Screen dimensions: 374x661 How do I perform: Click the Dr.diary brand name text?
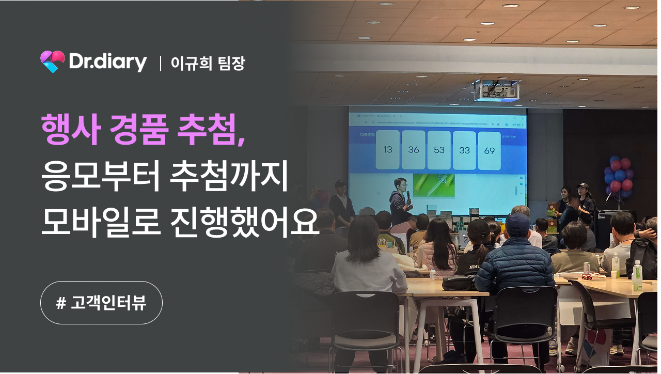[108, 63]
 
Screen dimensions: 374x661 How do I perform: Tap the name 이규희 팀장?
[208, 63]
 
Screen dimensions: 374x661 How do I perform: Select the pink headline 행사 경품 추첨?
[143, 129]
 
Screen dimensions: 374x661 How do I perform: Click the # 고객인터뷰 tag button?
[101, 303]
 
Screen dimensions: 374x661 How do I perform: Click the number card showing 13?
[388, 150]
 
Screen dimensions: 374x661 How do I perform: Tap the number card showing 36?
[413, 150]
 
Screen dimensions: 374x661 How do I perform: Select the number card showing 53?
[439, 150]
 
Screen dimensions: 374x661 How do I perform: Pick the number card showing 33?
[464, 150]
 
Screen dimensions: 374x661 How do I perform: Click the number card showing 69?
[490, 150]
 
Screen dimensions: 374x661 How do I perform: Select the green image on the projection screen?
[433, 185]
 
